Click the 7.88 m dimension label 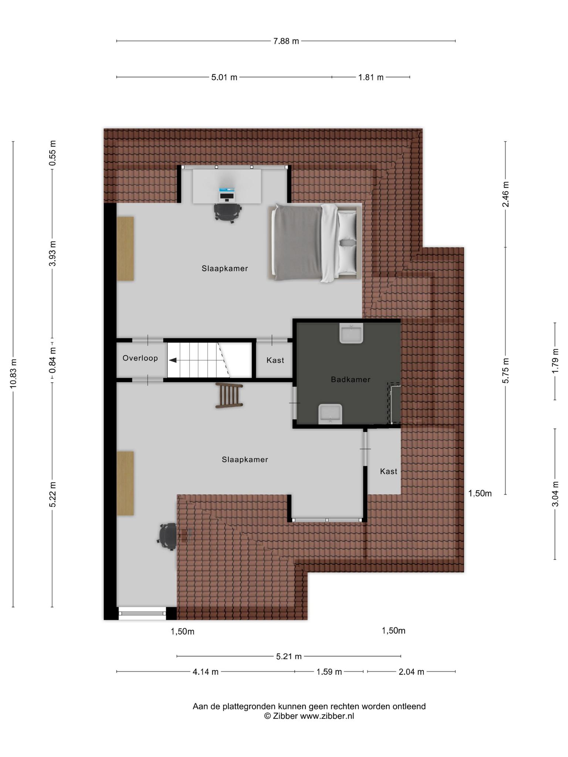[286, 41]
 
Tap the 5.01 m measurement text [224, 78]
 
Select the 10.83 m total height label [14, 373]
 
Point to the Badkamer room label [351, 379]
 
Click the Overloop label [140, 358]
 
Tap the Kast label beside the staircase [275, 360]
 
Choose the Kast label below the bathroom [388, 471]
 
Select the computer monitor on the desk [227, 194]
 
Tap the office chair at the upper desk [227, 213]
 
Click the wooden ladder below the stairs [229, 396]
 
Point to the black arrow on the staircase [173, 360]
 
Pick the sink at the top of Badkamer [351, 333]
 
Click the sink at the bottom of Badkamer [330, 414]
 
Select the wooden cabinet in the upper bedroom [125, 249]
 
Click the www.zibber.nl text [327, 716]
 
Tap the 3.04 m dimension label [555, 494]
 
